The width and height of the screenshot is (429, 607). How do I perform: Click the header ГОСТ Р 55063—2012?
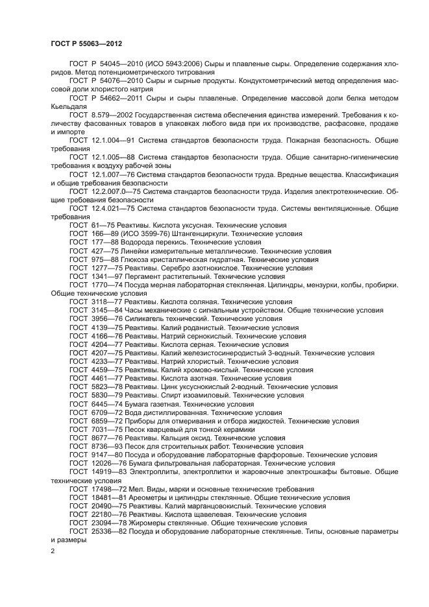click(x=86, y=43)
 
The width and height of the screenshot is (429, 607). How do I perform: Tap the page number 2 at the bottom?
click(x=53, y=551)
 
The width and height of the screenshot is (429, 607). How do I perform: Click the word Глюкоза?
click(x=141, y=259)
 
